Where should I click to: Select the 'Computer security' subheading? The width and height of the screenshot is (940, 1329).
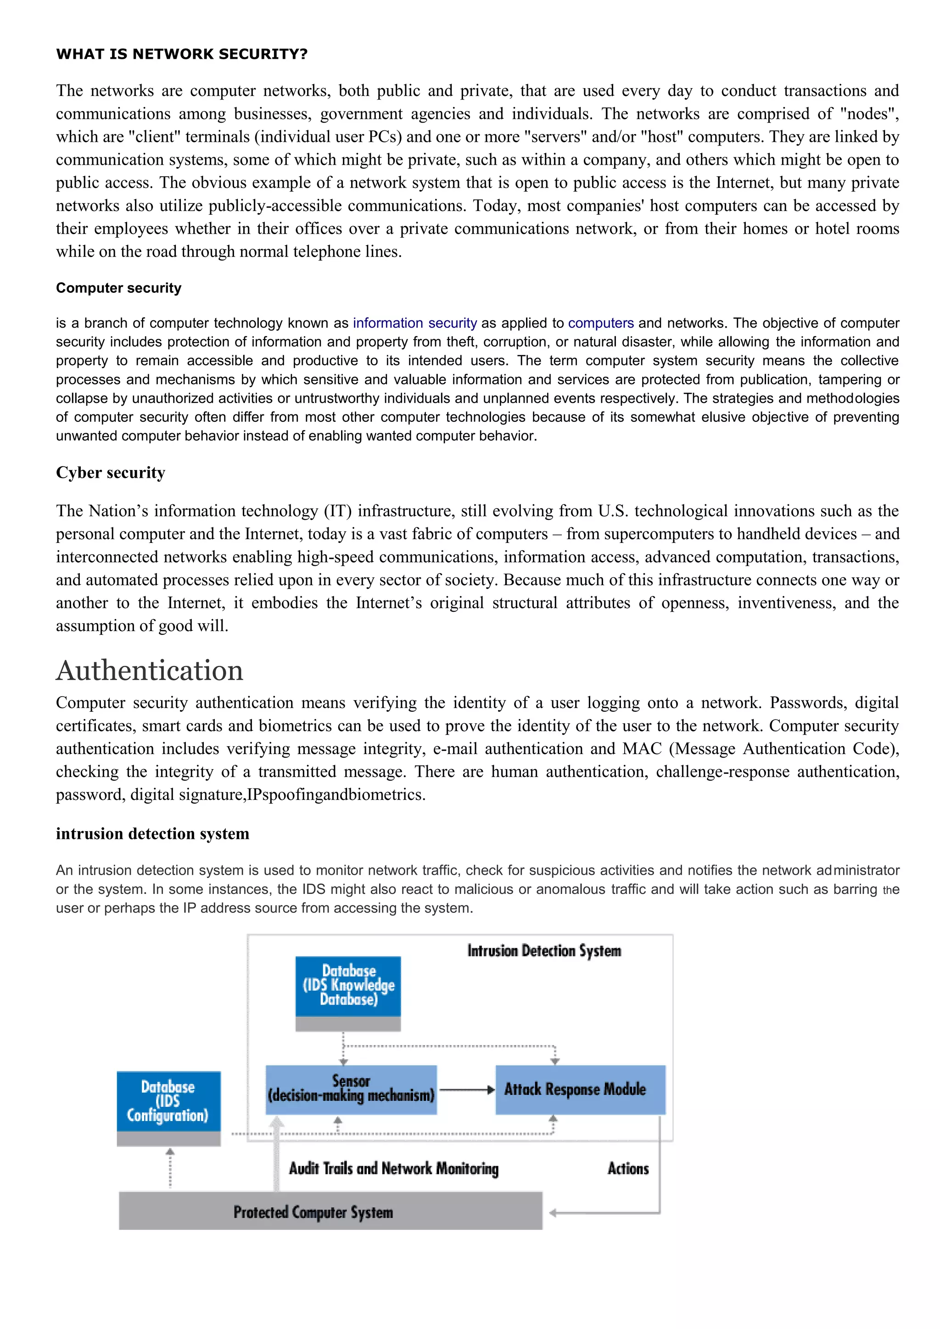pyautogui.click(x=119, y=288)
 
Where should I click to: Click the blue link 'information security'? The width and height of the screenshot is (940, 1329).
pyautogui.click(x=414, y=323)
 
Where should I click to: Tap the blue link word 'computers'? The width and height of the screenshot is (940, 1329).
pyautogui.click(x=601, y=323)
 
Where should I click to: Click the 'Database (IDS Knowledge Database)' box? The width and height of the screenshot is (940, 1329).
pyautogui.click(x=348, y=986)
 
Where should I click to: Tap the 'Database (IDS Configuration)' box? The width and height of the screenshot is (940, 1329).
pyautogui.click(x=168, y=1101)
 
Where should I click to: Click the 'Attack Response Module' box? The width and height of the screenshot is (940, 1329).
pyautogui.click(x=580, y=1089)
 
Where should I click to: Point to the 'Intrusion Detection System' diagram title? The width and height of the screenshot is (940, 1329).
pyautogui.click(x=543, y=951)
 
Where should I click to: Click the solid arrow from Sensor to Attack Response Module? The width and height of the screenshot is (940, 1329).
pyautogui.click(x=466, y=1090)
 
